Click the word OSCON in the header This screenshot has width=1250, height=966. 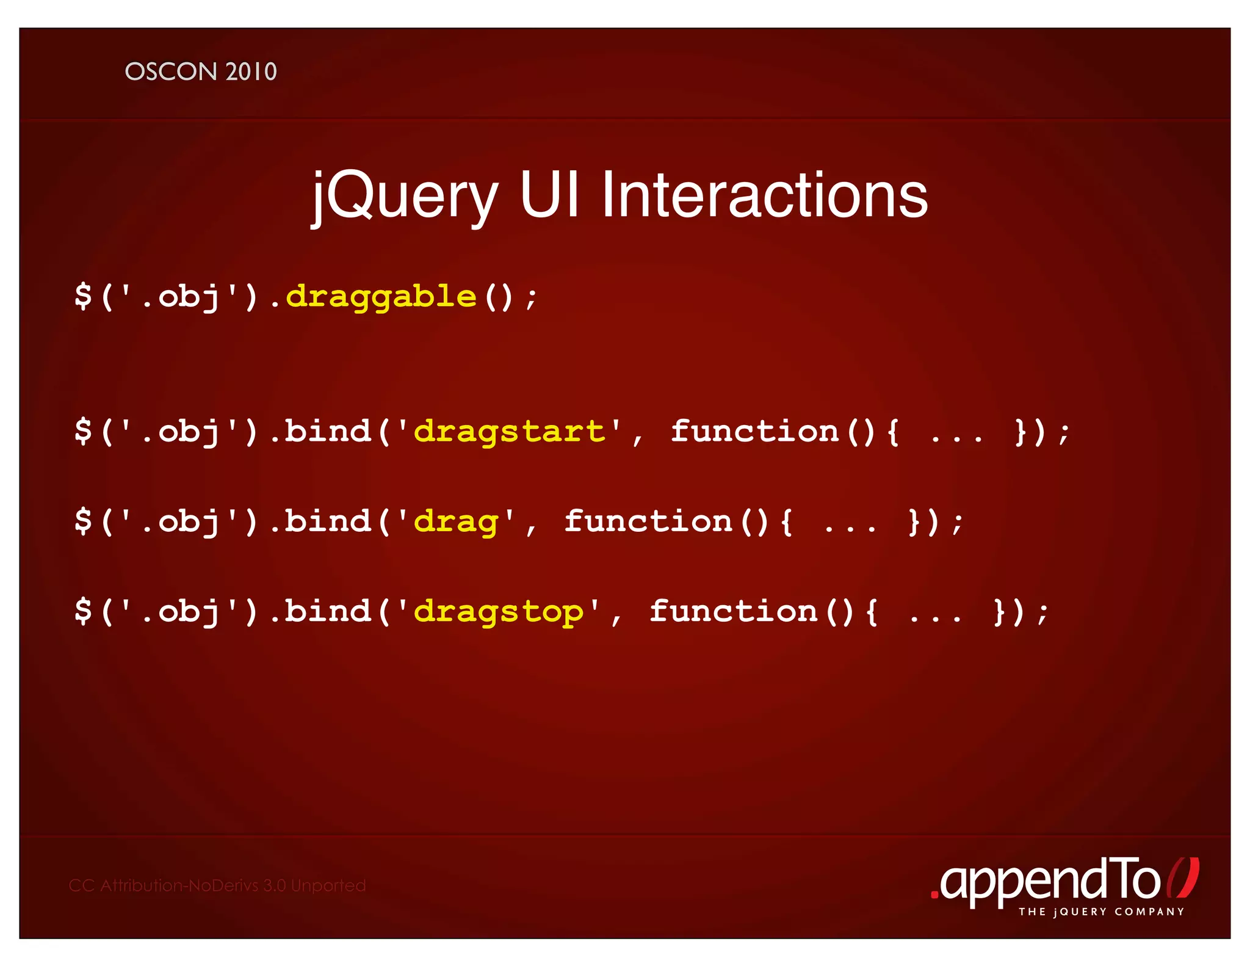coord(171,71)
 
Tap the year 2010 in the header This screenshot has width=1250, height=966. coord(251,71)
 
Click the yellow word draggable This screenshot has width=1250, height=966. coord(381,297)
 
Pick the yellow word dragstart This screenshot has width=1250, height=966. coord(509,432)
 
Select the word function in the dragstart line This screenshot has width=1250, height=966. coord(754,432)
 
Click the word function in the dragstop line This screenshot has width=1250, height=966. coord(733,611)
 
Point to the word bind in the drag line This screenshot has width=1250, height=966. coord(328,521)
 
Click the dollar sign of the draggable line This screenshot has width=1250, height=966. coord(83,296)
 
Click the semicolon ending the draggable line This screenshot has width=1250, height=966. coord(532,299)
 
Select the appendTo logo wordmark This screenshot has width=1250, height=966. coord(1050,881)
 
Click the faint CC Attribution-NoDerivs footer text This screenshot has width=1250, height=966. coord(217,885)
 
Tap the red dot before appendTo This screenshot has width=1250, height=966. coord(934,895)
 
